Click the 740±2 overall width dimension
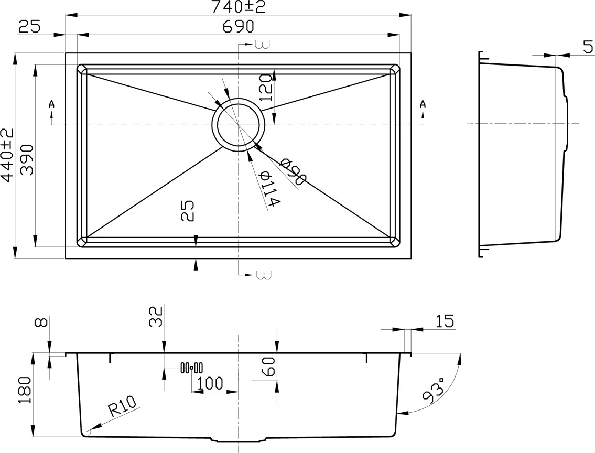pyautogui.click(x=238, y=7)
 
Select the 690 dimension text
pyautogui.click(x=239, y=27)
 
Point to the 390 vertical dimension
pyautogui.click(x=27, y=159)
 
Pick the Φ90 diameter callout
pyautogui.click(x=292, y=172)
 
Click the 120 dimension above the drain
pyautogui.click(x=266, y=88)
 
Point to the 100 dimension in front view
pyautogui.click(x=207, y=383)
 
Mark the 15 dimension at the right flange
pyautogui.click(x=445, y=321)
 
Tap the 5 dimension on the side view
pyautogui.click(x=588, y=47)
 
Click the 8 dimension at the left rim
pyautogui.click(x=41, y=322)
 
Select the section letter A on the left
pyautogui.click(x=51, y=104)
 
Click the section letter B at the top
pyautogui.click(x=262, y=45)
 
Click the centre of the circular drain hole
pyautogui.click(x=238, y=124)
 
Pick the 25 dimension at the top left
pyautogui.click(x=29, y=27)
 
